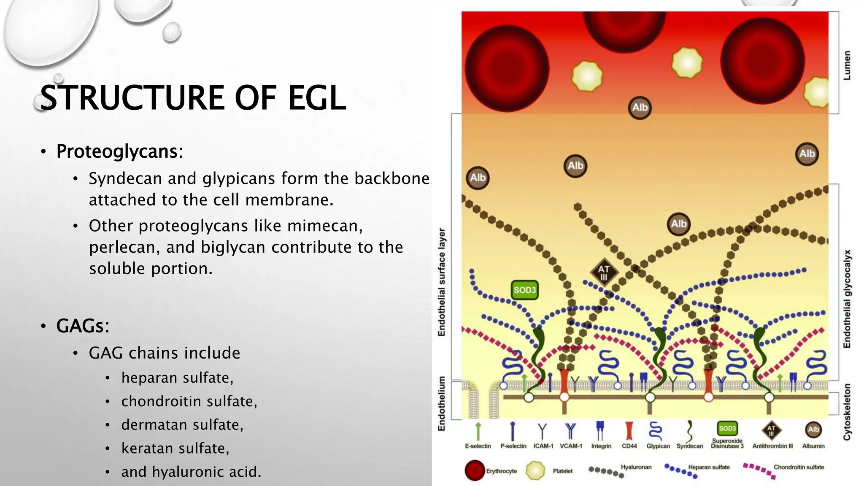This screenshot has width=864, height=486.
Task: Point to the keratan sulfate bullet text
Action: tap(175, 448)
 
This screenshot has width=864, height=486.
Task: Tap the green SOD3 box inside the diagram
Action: tap(524, 290)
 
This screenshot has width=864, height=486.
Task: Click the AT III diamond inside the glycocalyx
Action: tap(604, 273)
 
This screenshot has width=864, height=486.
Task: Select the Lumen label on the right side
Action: tap(847, 65)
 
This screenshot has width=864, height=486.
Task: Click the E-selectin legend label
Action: tap(478, 446)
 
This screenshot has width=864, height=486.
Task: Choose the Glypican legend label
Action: tap(658, 446)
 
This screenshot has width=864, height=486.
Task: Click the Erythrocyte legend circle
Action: tap(475, 470)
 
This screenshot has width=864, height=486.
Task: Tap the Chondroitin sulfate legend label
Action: tap(799, 467)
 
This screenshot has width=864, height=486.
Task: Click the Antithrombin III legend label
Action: tap(772, 446)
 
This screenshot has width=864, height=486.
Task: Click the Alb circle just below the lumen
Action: tap(640, 108)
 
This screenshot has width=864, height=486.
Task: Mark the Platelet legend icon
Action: tap(535, 470)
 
